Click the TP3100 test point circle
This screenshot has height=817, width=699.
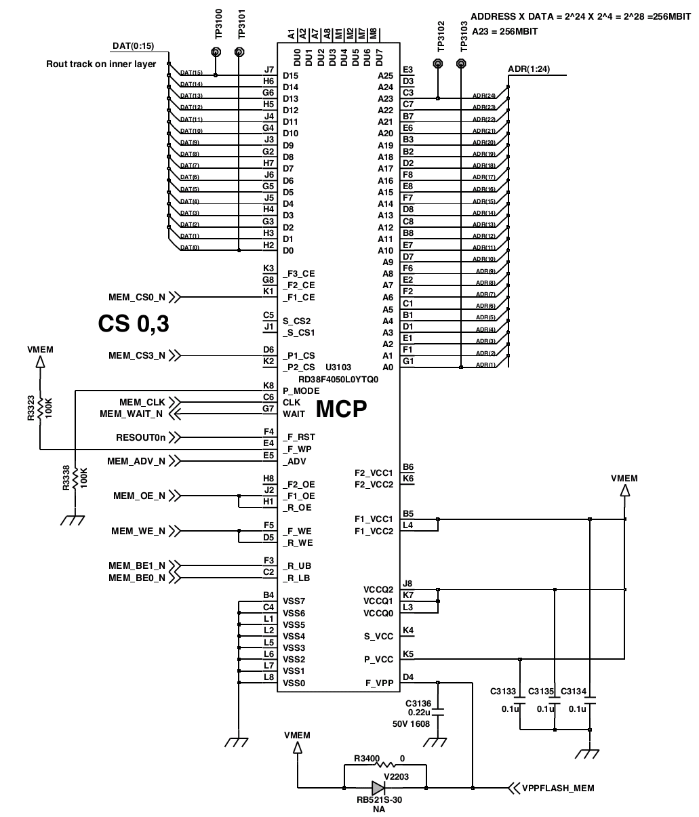[x=216, y=52]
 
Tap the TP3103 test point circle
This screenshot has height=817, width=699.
[x=461, y=63]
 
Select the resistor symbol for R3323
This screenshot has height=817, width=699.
[x=40, y=408]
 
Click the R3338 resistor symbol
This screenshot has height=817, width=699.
[x=75, y=478]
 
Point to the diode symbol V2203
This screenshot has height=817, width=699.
[x=378, y=788]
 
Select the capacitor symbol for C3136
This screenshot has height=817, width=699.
[x=438, y=712]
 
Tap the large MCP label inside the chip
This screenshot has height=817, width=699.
[x=341, y=409]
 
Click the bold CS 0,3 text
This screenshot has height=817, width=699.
[x=134, y=323]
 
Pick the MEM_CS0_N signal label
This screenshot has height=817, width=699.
[x=137, y=297]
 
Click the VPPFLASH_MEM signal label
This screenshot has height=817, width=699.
[x=558, y=788]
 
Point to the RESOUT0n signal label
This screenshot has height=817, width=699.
[x=140, y=437]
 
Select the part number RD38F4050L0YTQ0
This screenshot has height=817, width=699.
[x=338, y=380]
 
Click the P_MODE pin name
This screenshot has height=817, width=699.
[x=301, y=391]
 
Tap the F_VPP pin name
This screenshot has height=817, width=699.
[x=379, y=683]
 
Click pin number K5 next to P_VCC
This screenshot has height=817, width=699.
[x=408, y=654]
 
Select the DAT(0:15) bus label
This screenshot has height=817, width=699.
[x=134, y=46]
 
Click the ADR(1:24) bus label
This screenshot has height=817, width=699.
[x=529, y=68]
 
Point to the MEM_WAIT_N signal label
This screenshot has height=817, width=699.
[x=131, y=414]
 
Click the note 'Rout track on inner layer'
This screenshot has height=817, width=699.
[x=101, y=64]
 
